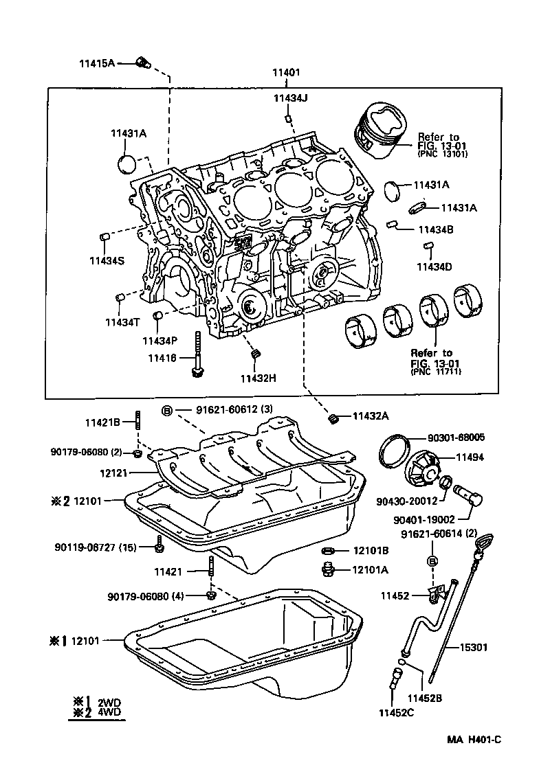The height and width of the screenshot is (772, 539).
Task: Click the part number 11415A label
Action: (96, 63)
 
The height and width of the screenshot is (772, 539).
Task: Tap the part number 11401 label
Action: (285, 72)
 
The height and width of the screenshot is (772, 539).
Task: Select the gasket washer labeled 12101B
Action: (329, 551)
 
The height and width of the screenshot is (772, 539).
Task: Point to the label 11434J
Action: (290, 98)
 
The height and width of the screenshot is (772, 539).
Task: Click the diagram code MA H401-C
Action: (474, 739)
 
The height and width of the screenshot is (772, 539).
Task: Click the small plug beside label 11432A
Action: (334, 418)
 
